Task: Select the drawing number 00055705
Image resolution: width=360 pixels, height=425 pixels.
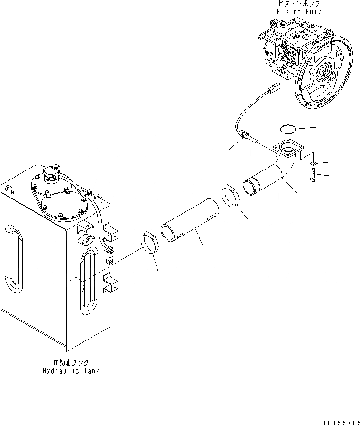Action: (340, 421)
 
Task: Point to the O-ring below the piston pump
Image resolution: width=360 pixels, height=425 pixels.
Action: (287, 128)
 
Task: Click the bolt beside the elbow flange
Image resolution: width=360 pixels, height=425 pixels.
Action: (314, 176)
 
